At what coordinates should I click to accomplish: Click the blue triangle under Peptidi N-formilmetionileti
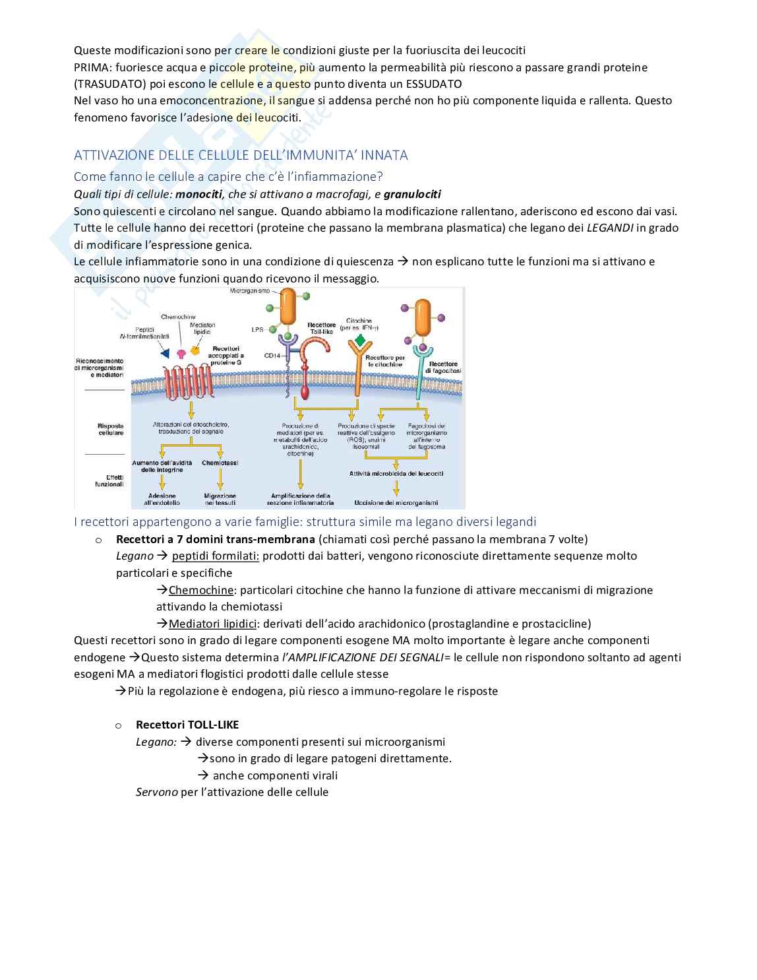(165, 352)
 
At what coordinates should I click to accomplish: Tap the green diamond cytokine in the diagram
(359, 340)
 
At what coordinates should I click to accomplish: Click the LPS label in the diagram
(257, 329)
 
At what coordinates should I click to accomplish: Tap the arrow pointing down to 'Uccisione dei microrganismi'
(396, 487)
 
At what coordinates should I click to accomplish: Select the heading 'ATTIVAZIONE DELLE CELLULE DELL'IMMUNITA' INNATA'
(241, 155)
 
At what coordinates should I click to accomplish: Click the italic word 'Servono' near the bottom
(156, 792)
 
